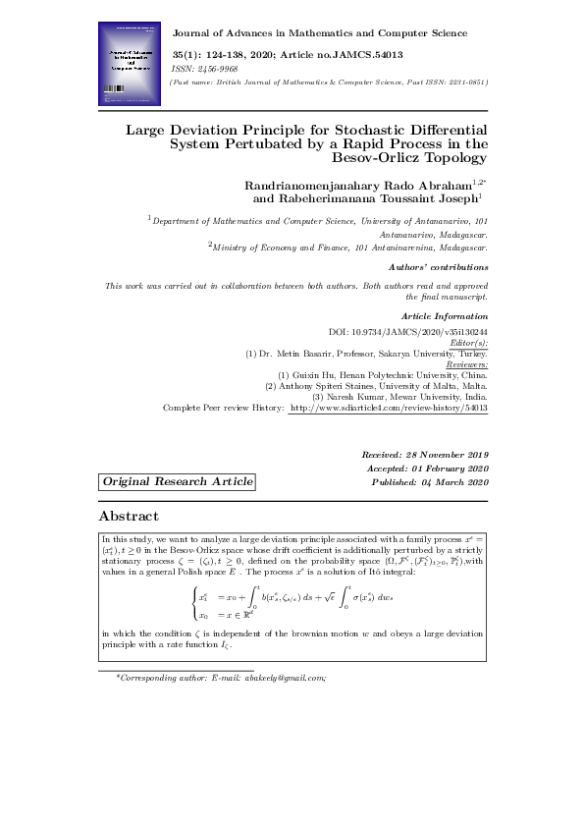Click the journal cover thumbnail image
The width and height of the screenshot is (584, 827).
(131, 64)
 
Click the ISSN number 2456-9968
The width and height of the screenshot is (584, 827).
(212, 70)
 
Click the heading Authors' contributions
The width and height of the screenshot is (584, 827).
(439, 266)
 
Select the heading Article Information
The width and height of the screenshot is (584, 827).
(445, 315)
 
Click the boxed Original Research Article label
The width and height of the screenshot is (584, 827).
(177, 481)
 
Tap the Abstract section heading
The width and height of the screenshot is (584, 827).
(129, 516)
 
